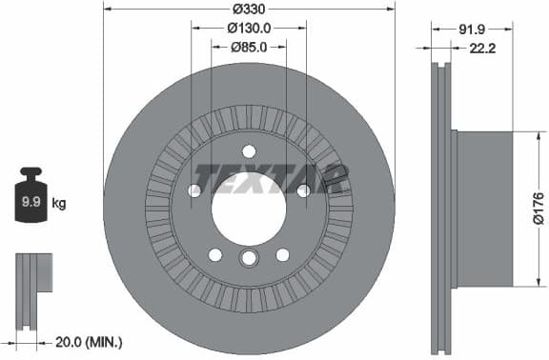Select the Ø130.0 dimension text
(x=249, y=29)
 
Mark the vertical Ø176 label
(x=538, y=207)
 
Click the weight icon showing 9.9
(x=30, y=200)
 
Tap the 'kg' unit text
(x=59, y=204)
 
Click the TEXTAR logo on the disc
(x=271, y=178)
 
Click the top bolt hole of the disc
(x=249, y=150)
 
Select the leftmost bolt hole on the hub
(x=194, y=190)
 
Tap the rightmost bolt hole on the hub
(x=303, y=190)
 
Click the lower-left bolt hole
(x=215, y=254)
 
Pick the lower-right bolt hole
(x=282, y=254)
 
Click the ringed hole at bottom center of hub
(x=249, y=259)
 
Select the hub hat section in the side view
(x=484, y=208)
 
